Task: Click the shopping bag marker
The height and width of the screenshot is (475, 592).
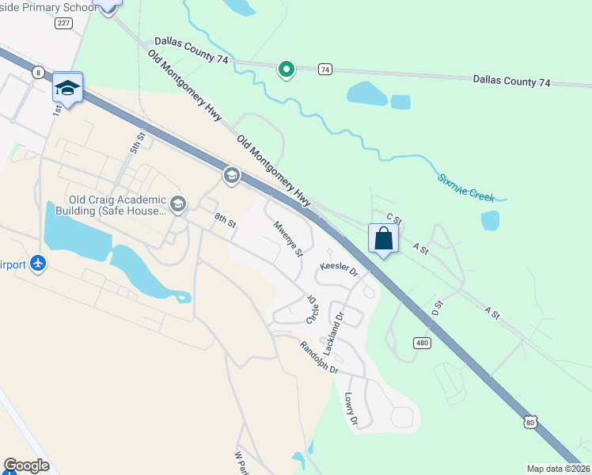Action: tap(383, 238)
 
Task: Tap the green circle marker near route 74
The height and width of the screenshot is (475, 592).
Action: tap(287, 70)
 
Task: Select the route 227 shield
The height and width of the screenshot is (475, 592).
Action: tap(63, 23)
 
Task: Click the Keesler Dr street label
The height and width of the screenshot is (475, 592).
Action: tap(340, 269)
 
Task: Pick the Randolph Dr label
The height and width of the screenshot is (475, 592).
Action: tap(319, 358)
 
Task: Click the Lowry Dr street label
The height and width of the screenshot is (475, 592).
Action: tap(353, 408)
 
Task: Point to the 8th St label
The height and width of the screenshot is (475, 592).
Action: tap(226, 219)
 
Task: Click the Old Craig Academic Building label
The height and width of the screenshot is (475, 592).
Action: tap(117, 205)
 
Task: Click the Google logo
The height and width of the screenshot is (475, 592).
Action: tap(25, 465)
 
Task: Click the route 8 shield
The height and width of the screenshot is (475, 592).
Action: tap(38, 72)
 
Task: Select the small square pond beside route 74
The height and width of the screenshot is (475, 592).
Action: tap(400, 102)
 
